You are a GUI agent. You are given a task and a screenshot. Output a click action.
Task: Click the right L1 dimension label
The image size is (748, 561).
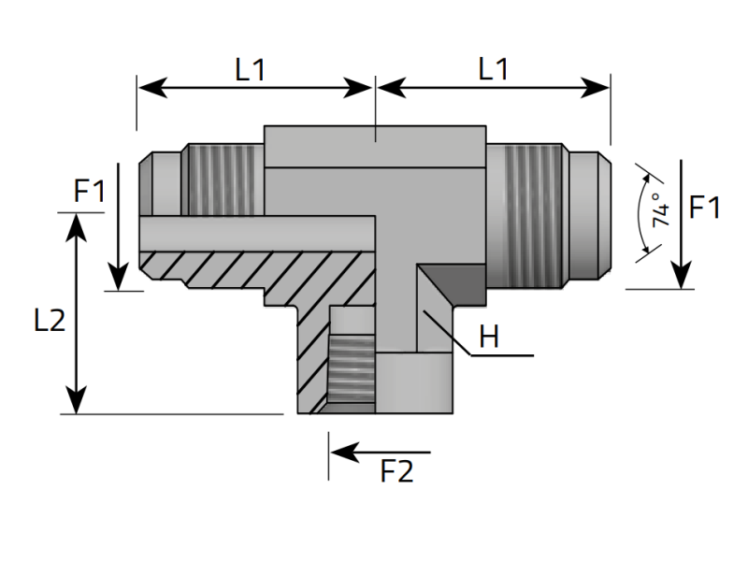tap(494, 70)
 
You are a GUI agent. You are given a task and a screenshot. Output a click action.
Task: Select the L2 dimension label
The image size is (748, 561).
tap(49, 321)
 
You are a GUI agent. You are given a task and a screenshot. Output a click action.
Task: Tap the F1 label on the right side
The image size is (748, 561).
tap(704, 208)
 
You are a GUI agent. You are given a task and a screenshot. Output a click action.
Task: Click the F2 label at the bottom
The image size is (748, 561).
tap(396, 472)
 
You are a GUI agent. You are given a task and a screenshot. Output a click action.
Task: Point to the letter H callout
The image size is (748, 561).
tap(489, 338)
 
